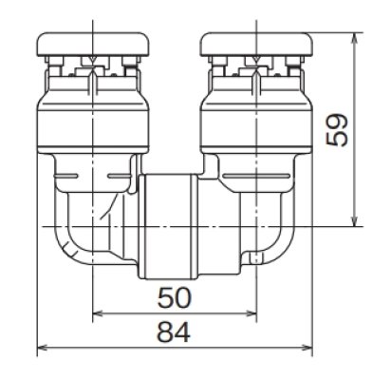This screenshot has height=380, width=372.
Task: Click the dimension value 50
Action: tap(175, 298)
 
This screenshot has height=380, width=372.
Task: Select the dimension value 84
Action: tap(175, 333)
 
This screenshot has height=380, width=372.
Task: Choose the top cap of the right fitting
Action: tap(256, 42)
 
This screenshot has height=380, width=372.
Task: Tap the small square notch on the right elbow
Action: tap(254, 256)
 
